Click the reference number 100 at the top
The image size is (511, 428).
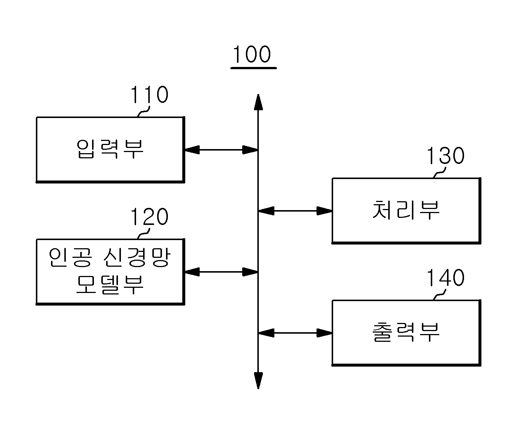(x=252, y=54)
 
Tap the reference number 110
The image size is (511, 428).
(x=149, y=94)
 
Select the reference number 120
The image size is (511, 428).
(x=149, y=216)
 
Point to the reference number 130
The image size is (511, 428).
(x=446, y=155)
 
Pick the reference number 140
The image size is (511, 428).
(x=446, y=277)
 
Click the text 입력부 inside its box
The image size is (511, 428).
(x=110, y=149)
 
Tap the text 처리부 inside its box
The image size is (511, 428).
(x=406, y=210)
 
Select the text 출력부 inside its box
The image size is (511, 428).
(x=406, y=332)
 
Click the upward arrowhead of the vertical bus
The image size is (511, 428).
(x=258, y=102)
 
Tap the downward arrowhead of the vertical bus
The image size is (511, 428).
(x=258, y=381)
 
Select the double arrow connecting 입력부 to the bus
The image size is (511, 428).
(x=221, y=149)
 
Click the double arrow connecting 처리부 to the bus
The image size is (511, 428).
(x=295, y=210)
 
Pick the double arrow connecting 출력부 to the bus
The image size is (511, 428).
(x=295, y=333)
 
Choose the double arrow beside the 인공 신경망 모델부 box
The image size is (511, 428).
(x=221, y=272)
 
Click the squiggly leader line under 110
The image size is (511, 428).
(x=144, y=112)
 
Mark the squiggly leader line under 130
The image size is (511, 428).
(x=440, y=173)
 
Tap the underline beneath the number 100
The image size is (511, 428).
(x=254, y=68)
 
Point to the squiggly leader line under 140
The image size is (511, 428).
(x=440, y=295)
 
